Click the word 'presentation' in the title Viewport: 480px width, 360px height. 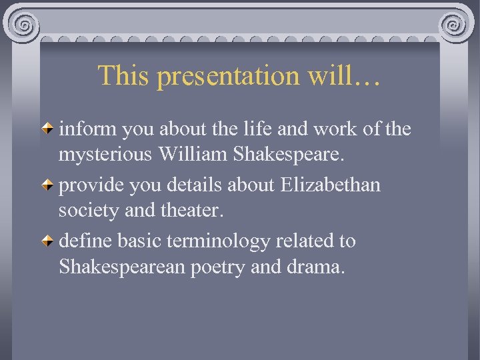228,77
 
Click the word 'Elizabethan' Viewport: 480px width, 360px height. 331,184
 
